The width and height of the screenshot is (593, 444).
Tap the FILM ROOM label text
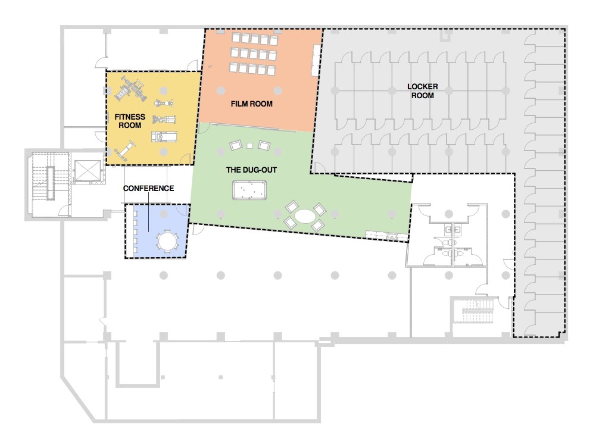click(x=251, y=104)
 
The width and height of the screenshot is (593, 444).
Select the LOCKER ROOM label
click(x=422, y=91)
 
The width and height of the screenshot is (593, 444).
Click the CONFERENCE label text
click(x=148, y=188)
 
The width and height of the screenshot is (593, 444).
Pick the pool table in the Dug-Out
click(x=250, y=191)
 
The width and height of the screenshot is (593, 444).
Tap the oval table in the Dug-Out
click(x=304, y=215)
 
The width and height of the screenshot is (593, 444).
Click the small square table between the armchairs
click(x=250, y=146)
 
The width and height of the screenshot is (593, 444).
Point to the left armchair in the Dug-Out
click(x=236, y=145)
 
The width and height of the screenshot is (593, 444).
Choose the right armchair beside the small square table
click(x=264, y=145)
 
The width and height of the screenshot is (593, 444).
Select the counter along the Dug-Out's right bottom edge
click(x=386, y=236)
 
